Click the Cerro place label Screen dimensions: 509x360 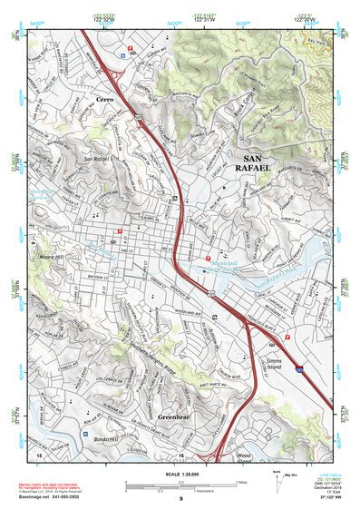coord(102,99)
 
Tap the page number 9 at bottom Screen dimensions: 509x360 coord(180,499)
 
